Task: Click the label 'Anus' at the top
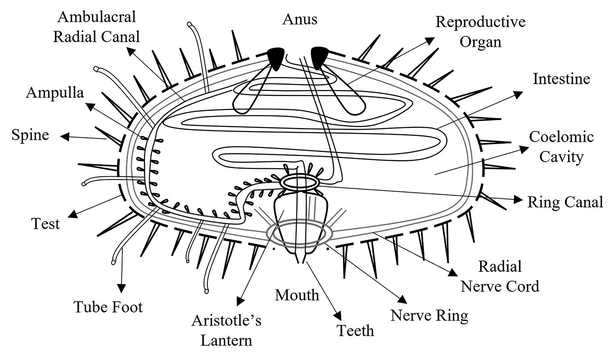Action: [300, 19]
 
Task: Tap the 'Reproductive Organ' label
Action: [480, 32]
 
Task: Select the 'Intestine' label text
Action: [561, 79]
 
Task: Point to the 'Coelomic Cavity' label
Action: [561, 147]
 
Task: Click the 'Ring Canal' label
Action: [565, 202]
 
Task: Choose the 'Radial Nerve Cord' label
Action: [500, 276]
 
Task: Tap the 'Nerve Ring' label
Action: [429, 316]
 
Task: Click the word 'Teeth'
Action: [355, 331]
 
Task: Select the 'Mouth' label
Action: [297, 295]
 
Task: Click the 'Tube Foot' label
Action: [108, 307]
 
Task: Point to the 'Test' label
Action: [46, 224]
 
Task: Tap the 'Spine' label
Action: [30, 135]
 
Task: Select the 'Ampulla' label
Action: [55, 93]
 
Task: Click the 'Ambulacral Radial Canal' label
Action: [97, 27]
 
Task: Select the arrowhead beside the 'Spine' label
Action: [64, 136]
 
